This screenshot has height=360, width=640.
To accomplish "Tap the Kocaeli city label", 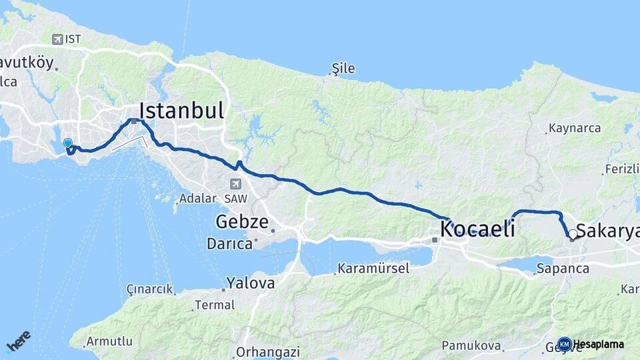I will tap(477, 229).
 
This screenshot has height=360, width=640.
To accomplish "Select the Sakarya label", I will tap(607, 231).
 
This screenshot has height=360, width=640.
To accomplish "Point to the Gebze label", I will tap(242, 222).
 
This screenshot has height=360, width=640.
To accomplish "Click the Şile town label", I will tap(343, 69).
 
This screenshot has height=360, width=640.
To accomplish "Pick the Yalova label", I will tap(250, 283).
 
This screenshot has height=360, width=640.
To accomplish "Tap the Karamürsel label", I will tap(373, 269).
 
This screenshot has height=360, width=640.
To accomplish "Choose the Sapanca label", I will tap(563, 269).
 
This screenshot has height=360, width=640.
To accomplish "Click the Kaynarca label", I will tap(574, 127).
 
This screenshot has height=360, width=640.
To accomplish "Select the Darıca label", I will tap(229, 243).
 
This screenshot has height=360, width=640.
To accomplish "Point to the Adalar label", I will tap(197, 199).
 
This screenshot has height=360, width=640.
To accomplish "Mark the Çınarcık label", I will tap(149, 289).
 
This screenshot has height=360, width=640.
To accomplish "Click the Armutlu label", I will tap(109, 341).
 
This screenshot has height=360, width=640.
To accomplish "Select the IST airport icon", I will tap(57, 39).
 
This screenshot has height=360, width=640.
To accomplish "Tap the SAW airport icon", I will tap(235, 183).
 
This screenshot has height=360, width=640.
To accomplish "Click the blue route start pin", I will tap(67, 143).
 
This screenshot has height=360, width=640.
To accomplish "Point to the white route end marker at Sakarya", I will tap(572, 234).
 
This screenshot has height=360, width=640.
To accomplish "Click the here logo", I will tap(18, 341).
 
